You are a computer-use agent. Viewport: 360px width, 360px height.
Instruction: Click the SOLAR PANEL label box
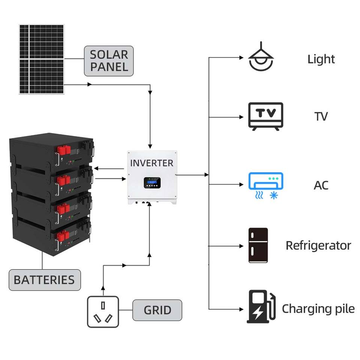(x=109, y=61)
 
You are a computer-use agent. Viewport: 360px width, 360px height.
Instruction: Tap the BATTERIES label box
(x=45, y=280)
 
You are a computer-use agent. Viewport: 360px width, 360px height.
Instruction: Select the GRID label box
(x=157, y=310)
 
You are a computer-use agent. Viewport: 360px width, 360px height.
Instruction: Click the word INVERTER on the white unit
(x=152, y=163)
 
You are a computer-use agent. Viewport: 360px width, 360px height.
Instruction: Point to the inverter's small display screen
(x=152, y=183)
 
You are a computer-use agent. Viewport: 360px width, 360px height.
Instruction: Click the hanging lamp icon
(x=261, y=56)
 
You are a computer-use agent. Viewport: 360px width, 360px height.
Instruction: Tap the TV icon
(x=265, y=116)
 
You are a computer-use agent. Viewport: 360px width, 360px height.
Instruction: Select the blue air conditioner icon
(x=266, y=186)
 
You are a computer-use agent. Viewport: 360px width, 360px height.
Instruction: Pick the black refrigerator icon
(x=258, y=245)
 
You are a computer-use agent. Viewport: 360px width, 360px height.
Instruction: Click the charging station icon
(x=261, y=307)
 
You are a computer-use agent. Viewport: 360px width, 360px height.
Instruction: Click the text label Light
(x=321, y=59)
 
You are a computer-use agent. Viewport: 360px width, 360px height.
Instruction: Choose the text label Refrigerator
(x=318, y=245)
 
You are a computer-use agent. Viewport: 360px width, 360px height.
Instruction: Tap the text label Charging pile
(x=318, y=309)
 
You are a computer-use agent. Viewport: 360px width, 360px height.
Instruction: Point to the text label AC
(x=321, y=185)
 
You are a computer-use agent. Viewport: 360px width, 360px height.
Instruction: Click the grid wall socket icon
(x=103, y=312)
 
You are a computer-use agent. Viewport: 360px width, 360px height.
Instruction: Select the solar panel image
(x=42, y=59)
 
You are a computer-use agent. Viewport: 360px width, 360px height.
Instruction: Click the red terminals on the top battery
(x=64, y=150)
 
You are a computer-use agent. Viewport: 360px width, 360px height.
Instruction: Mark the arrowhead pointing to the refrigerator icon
(x=241, y=246)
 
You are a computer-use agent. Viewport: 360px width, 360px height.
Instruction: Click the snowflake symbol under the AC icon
(x=274, y=196)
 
